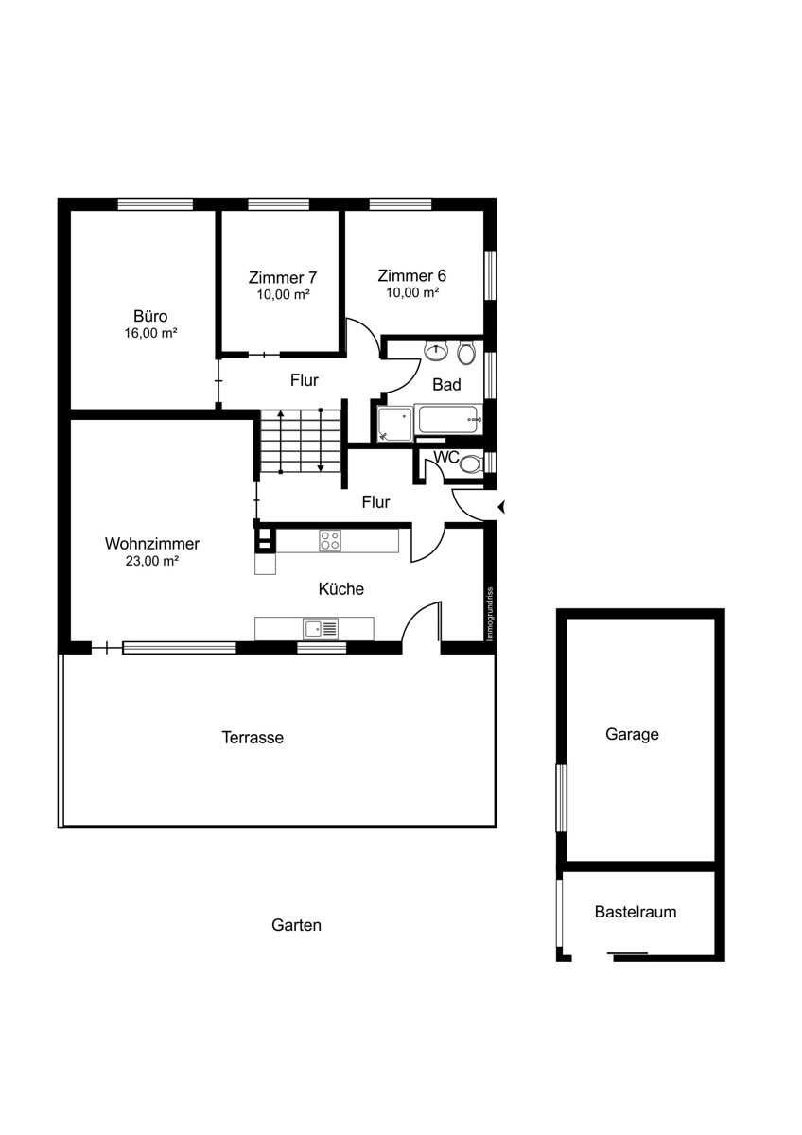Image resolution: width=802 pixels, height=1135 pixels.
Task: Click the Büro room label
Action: (x=150, y=316)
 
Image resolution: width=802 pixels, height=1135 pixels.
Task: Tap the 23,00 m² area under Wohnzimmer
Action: (x=152, y=561)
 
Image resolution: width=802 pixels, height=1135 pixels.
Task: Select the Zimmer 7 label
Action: (x=283, y=278)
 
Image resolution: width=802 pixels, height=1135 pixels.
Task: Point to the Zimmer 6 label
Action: (x=412, y=275)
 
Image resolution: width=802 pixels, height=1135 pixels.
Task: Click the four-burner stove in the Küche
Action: (x=330, y=540)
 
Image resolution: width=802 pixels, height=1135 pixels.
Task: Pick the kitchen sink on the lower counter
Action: (x=321, y=629)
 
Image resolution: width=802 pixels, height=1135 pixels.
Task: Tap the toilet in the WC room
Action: (x=472, y=463)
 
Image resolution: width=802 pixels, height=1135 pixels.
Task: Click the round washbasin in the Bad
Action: (x=436, y=351)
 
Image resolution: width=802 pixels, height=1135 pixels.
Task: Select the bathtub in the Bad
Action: (x=448, y=419)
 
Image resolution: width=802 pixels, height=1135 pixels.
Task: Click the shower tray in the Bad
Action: (x=394, y=423)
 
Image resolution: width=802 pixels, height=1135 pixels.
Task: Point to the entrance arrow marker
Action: (x=501, y=507)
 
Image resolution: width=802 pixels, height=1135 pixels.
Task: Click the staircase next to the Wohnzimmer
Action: (x=301, y=441)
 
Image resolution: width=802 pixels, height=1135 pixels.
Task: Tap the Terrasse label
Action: (x=253, y=737)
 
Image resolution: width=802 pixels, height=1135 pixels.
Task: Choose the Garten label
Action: (x=296, y=925)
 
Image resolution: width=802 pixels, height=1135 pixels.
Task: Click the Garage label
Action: (x=632, y=734)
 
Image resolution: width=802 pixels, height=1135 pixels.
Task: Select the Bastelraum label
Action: (x=636, y=912)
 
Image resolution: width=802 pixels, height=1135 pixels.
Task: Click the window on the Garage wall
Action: (x=561, y=798)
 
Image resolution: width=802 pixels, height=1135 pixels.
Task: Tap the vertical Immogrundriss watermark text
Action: (x=489, y=614)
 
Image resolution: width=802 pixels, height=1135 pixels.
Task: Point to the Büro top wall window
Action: (x=155, y=203)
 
